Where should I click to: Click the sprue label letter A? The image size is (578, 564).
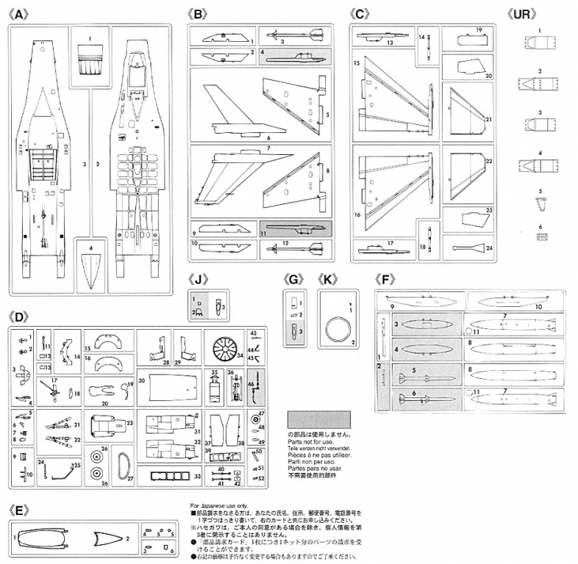click(x=20, y=13)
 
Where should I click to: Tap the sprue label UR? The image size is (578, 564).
click(x=520, y=13)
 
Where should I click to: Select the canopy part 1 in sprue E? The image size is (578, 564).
click(x=51, y=537)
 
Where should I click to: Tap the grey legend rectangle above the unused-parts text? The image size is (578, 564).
click(x=317, y=420)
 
